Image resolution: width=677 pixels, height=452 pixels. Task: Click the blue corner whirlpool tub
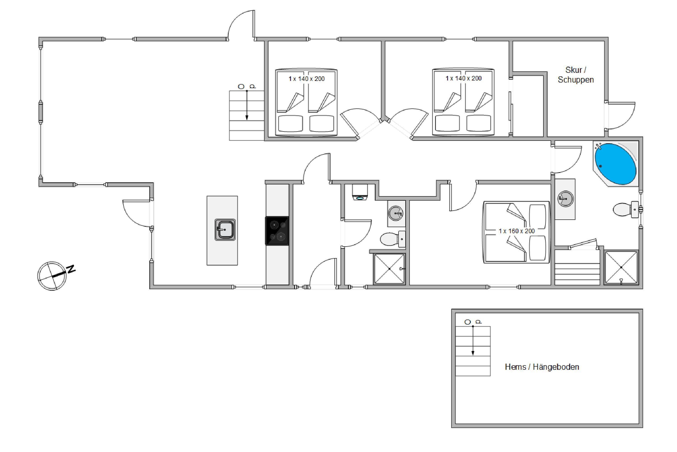[615, 164]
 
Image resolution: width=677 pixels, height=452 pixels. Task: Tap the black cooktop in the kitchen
[277, 231]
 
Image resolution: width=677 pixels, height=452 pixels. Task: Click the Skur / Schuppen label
[576, 75]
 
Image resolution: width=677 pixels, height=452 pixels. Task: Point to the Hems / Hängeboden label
[542, 367]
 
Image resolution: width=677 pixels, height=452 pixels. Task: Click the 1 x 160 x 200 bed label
[517, 231]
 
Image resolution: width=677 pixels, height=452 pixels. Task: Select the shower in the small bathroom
[389, 269]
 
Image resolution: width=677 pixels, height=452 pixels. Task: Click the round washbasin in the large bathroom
[565, 199]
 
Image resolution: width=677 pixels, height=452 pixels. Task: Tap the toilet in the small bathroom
[393, 239]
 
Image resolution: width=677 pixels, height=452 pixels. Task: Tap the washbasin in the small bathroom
[396, 213]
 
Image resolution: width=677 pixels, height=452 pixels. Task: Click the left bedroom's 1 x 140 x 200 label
[306, 79]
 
